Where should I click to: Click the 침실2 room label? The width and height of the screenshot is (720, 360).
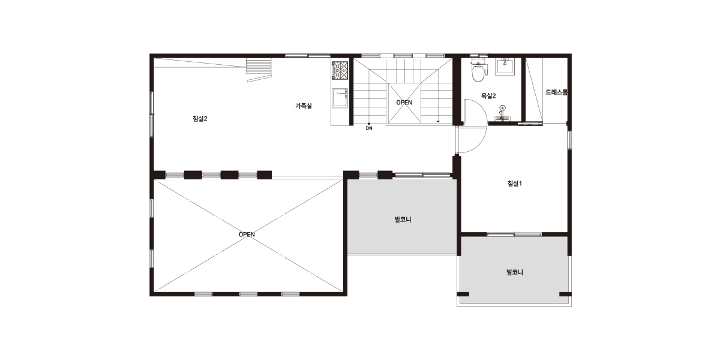(200, 119)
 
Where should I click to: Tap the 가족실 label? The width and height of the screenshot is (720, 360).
(304, 106)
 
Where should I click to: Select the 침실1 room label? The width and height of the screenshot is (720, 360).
(514, 184)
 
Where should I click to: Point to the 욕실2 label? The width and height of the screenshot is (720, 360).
(488, 96)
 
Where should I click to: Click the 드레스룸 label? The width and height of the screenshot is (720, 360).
(556, 92)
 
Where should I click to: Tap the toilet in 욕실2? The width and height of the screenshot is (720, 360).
(479, 70)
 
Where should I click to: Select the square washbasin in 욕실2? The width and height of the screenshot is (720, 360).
(505, 67)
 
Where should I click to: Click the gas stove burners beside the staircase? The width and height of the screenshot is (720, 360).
(340, 70)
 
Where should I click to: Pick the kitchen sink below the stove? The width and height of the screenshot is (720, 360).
(340, 98)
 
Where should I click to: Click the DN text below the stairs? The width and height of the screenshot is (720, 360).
(369, 128)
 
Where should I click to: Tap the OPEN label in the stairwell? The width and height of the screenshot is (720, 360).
(404, 103)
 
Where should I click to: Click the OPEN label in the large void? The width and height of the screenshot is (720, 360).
(247, 235)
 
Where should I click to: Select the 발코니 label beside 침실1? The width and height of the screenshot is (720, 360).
(403, 220)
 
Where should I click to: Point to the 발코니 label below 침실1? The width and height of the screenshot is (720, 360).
(515, 272)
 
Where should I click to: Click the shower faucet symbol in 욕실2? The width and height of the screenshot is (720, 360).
(502, 113)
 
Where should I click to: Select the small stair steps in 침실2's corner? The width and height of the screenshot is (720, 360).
(259, 69)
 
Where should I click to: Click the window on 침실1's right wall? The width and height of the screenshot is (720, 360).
(569, 139)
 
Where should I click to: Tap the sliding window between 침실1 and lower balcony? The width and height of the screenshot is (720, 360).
(514, 235)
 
